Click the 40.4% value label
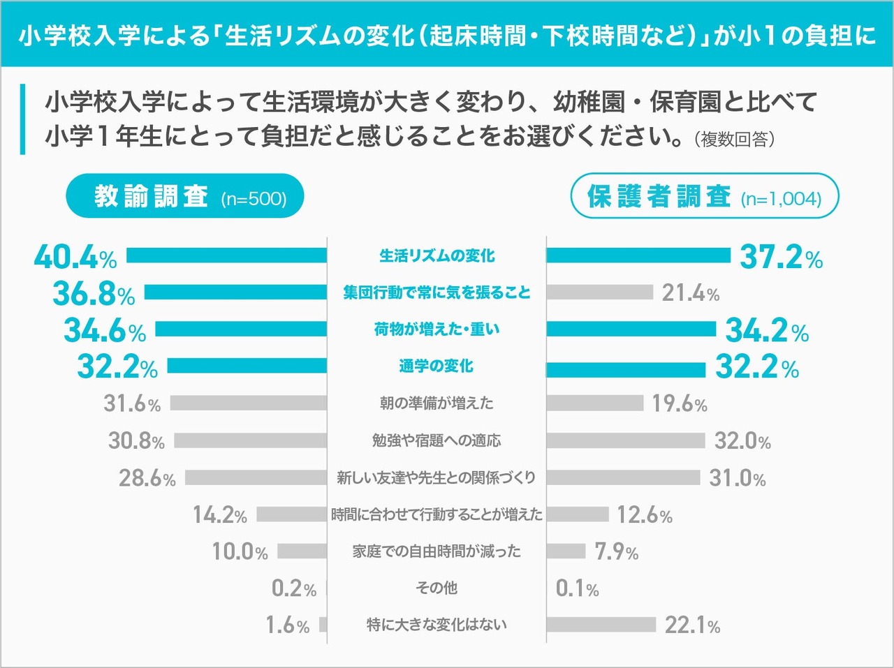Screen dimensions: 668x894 pos(75,257)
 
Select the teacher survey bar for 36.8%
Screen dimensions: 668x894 pos(235,292)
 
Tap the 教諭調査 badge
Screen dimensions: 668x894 pos(186,196)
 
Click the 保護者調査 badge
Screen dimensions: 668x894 pos(704,196)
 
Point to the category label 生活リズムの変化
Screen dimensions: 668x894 pos(437,256)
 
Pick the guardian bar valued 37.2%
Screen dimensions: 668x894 pos(638,255)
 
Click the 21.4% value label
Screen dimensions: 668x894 pos(690,293)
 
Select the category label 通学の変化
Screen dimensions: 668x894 pos(437,366)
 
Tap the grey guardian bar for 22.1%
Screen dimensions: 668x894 pos(601,625)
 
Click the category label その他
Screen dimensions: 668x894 pos(437,588)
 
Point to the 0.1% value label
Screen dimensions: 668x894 pos(577,588)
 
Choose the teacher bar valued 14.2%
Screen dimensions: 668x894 pos(291,514)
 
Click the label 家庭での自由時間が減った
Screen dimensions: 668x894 pos(437,551)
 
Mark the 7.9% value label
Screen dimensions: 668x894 pos(616,551)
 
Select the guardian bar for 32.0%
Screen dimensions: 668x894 pos(626,440)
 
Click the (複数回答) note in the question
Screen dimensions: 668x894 pos(734,139)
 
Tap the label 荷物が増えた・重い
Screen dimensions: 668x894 pos(437,329)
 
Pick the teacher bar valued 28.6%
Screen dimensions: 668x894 pos(256,477)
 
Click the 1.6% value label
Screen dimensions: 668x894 pos(287,625)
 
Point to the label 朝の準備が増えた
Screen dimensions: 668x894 pos(437,403)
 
